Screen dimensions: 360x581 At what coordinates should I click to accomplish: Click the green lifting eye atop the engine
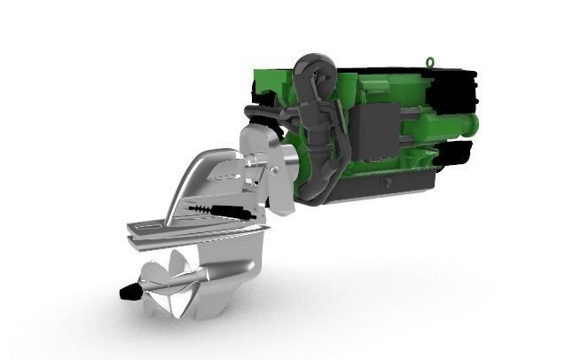(431, 62)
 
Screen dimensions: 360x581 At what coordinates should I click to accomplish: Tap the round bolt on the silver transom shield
(277, 168)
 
